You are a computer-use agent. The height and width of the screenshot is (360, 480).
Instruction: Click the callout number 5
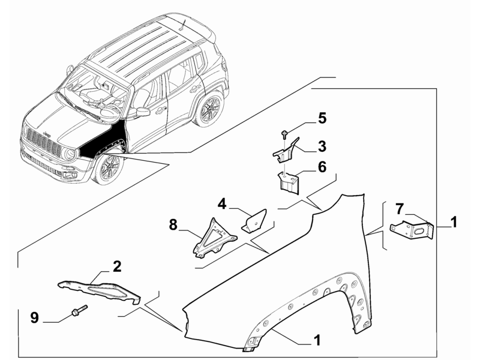pos(322,118)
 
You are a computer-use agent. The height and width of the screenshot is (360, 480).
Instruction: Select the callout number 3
pos(322,145)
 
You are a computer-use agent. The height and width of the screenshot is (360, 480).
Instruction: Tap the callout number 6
pos(322,167)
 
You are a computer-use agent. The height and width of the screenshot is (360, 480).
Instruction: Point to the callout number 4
pos(222,204)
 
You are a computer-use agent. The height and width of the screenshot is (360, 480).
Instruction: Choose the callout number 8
pos(173,225)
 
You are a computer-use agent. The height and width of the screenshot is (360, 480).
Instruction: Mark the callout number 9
pos(35,317)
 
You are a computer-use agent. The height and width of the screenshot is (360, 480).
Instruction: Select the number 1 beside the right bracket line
pos(454,222)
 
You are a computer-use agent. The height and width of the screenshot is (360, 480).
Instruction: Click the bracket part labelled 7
pos(413,230)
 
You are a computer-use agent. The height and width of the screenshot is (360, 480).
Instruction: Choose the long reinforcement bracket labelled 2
pos(99,287)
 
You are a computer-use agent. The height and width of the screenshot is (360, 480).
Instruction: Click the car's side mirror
pos(143,112)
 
